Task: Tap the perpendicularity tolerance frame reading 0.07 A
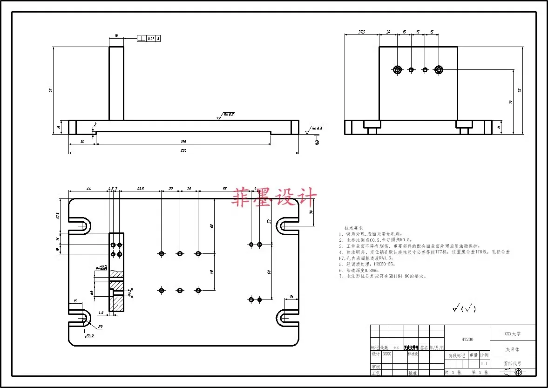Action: tap(149, 39)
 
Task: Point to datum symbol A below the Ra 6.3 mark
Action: tap(317, 142)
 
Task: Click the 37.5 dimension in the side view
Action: tap(361, 32)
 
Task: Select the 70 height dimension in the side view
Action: tap(510, 102)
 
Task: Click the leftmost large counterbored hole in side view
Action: tap(397, 70)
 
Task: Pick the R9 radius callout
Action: tap(100, 327)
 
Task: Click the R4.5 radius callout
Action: tap(89, 335)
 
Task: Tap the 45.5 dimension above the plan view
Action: tap(140, 189)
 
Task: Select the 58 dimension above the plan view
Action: tap(224, 189)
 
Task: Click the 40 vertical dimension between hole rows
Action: tap(211, 272)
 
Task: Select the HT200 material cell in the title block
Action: tap(467, 340)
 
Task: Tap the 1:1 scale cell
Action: tap(484, 363)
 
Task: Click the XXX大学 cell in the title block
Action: tap(513, 334)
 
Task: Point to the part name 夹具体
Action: tap(513, 349)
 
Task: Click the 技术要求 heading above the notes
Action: tap(353, 228)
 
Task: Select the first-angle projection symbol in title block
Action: tap(513, 372)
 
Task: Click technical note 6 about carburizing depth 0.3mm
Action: tap(359, 270)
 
